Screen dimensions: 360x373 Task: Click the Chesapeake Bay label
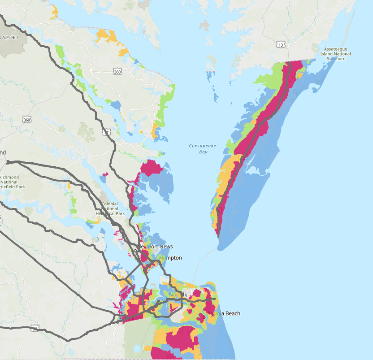tap(198, 149)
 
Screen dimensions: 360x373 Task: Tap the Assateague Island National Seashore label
tap(336, 54)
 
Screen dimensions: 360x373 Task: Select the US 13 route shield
tap(281, 44)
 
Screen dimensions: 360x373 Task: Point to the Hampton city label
tap(172, 258)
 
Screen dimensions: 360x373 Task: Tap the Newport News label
tap(155, 247)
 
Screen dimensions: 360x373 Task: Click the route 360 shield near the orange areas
tap(117, 71)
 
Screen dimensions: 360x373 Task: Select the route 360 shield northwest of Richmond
tap(26, 119)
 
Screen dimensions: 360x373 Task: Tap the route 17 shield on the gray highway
tap(106, 132)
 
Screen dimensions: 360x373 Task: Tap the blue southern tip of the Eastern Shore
tap(221, 243)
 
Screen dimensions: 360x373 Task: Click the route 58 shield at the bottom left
tap(35, 329)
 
